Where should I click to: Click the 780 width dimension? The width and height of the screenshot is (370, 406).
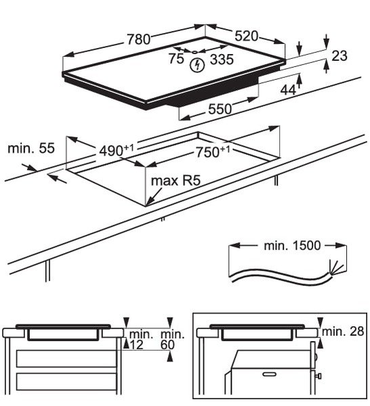tap(138, 40)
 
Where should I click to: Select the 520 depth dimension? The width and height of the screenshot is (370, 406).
tap(246, 36)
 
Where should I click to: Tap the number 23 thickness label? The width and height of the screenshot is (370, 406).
tap(339, 55)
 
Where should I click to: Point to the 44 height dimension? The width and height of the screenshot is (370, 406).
tap(288, 90)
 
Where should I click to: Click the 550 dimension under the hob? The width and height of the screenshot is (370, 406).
tap(220, 109)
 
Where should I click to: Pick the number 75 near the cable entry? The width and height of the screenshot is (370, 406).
tap(176, 58)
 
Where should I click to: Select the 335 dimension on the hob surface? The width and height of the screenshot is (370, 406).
tap(222, 60)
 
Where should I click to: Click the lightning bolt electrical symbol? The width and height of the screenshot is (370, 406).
tap(197, 65)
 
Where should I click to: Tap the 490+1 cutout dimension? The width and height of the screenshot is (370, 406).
tap(117, 150)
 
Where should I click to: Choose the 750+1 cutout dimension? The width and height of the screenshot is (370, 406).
tap(213, 152)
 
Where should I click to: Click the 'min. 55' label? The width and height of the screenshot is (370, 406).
tap(31, 148)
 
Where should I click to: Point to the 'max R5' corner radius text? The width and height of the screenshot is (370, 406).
tap(176, 181)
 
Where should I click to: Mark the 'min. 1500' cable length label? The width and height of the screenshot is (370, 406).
tap(292, 246)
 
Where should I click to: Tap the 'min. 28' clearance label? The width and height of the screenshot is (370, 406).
tap(343, 332)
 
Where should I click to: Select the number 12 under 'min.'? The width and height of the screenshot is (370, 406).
tap(136, 345)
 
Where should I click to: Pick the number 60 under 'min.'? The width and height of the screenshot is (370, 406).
tap(167, 345)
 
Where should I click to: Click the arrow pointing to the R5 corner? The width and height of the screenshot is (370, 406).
tap(155, 196)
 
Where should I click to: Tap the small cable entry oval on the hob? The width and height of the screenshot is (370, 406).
tap(194, 52)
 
